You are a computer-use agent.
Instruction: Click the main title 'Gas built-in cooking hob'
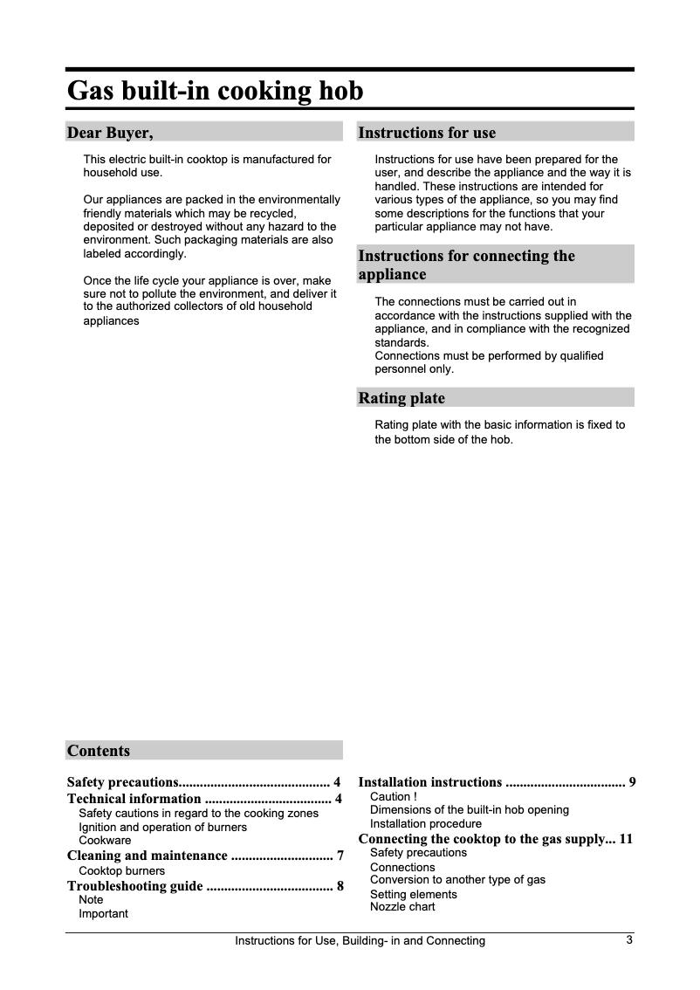[215, 91]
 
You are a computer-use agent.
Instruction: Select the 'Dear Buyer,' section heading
[110, 133]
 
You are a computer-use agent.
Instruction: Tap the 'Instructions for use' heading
[427, 133]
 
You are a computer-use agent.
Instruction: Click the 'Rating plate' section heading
[401, 398]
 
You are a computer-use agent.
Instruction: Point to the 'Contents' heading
[99, 751]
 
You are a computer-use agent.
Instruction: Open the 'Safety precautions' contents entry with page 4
[204, 782]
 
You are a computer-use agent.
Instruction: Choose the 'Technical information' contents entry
[204, 799]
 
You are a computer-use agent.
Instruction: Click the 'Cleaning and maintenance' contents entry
[204, 856]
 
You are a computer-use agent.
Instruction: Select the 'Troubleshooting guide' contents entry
[204, 887]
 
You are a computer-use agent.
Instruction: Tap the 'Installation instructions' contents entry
[497, 782]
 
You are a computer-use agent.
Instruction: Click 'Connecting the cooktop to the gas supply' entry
[495, 840]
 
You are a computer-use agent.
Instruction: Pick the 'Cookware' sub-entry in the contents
[105, 840]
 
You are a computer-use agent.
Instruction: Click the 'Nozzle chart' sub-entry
[402, 907]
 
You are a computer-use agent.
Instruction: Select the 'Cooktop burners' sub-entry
[121, 871]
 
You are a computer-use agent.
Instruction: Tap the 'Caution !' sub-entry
[394, 797]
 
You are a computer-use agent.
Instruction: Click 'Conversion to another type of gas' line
[457, 880]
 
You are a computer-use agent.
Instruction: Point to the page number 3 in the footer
[629, 940]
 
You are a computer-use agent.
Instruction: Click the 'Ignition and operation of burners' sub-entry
[162, 827]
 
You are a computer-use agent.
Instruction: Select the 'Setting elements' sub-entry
[413, 894]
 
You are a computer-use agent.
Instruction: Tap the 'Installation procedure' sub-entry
[425, 824]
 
